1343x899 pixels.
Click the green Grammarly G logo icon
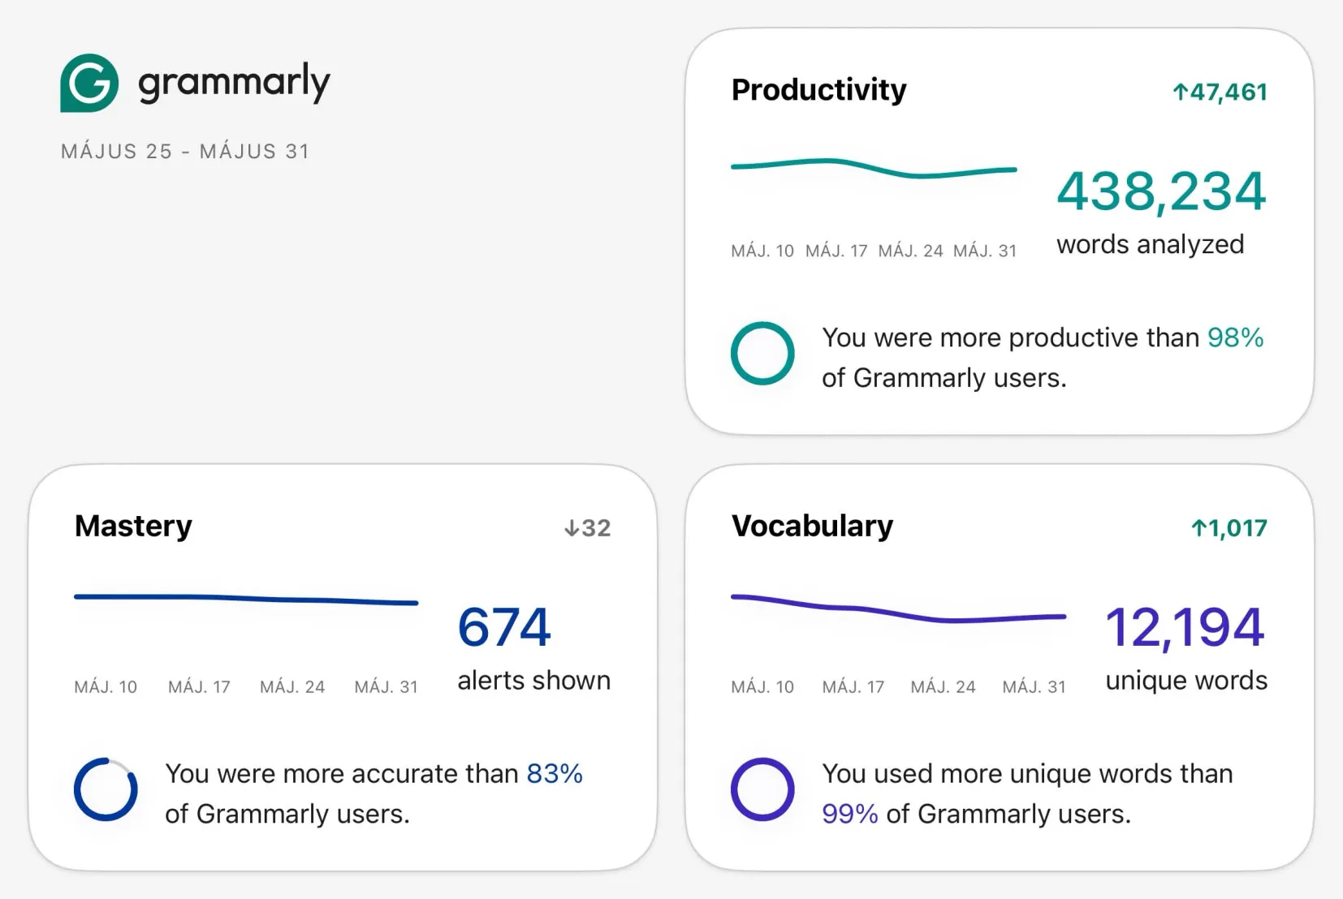pyautogui.click(x=89, y=83)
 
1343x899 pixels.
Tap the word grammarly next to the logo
pyautogui.click(x=235, y=83)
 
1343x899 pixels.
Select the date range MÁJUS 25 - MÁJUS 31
pyautogui.click(x=185, y=152)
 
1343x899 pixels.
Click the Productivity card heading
pyautogui.click(x=819, y=91)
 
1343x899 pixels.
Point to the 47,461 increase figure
pyautogui.click(x=1220, y=92)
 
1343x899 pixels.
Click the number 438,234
pyautogui.click(x=1161, y=191)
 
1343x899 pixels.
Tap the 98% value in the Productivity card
pyautogui.click(x=1236, y=338)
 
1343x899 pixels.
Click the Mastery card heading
pyautogui.click(x=133, y=527)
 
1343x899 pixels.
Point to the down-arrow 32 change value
pyautogui.click(x=588, y=528)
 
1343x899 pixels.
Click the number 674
pyautogui.click(x=504, y=627)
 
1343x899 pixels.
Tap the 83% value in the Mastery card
pyautogui.click(x=555, y=774)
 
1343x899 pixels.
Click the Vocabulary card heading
pyautogui.click(x=813, y=527)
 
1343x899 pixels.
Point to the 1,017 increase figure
pyautogui.click(x=1229, y=528)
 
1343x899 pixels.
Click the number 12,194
pyautogui.click(x=1185, y=627)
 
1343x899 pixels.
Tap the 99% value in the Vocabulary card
pyautogui.click(x=850, y=814)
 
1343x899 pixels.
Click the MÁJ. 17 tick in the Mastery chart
pyautogui.click(x=199, y=687)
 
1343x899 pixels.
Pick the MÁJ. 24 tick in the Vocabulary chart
pyautogui.click(x=943, y=687)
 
